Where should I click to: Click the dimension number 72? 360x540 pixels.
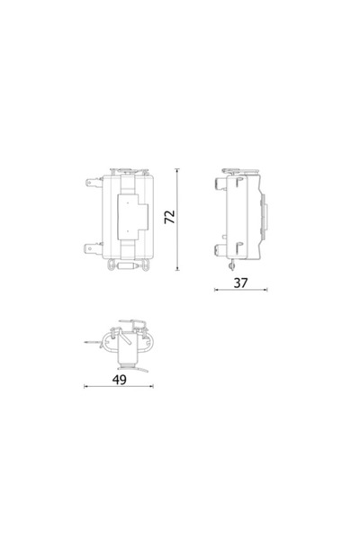[168, 217]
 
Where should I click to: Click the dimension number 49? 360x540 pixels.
[120, 379]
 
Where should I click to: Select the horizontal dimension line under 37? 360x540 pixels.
[240, 291]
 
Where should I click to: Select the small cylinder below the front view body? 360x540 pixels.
[127, 266]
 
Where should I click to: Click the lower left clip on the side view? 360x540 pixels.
[221, 246]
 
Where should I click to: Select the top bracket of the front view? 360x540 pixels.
[126, 168]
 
